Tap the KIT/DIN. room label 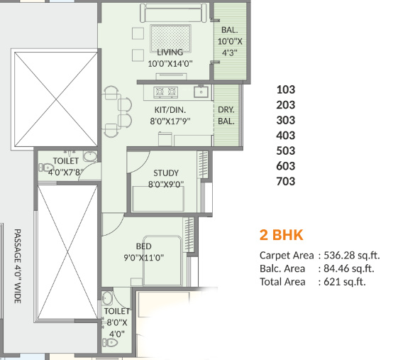170,110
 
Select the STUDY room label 166,173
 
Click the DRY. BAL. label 226,115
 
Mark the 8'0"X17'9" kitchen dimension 170,121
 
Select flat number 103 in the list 285,89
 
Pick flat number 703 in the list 285,182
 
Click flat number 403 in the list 285,136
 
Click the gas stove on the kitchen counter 166,92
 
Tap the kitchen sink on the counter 201,92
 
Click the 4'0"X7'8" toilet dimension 66,172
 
